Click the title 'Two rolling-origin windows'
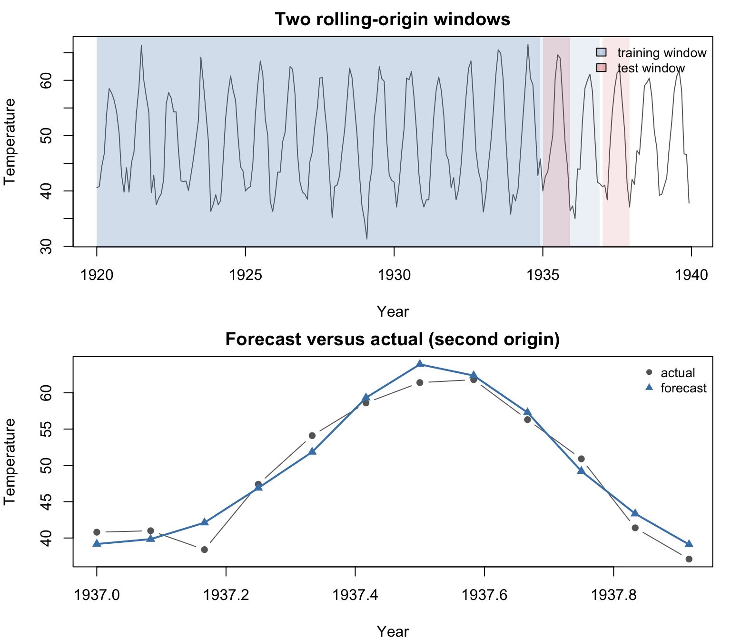click(x=392, y=20)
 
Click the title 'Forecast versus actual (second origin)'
click(x=392, y=340)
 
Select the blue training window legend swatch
click(x=602, y=52)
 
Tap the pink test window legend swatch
click(x=602, y=68)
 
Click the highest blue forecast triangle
click(x=420, y=364)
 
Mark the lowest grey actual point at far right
click(x=689, y=559)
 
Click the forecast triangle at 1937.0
click(x=97, y=543)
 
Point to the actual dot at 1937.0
click(x=97, y=532)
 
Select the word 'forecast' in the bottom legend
click(x=683, y=388)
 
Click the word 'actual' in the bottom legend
click(x=678, y=373)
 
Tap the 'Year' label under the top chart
click(x=392, y=311)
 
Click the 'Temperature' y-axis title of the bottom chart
click(x=10, y=461)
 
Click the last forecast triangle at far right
click(x=689, y=544)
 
